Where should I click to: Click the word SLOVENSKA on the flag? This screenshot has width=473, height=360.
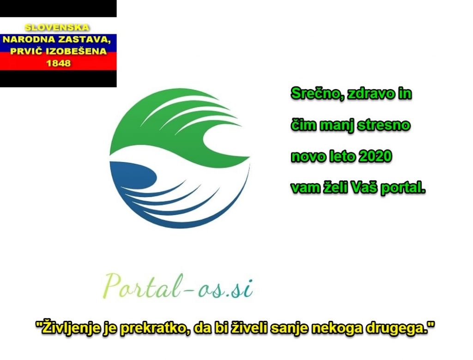[x=57, y=27]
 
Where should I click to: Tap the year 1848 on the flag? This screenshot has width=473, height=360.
[x=58, y=63]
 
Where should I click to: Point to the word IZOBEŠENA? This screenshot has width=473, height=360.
[x=76, y=51]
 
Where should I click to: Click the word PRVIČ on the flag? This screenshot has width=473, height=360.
[x=26, y=51]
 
